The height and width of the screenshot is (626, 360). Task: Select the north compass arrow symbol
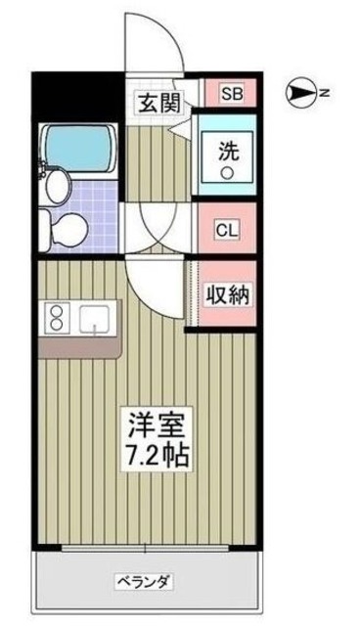click(x=300, y=94)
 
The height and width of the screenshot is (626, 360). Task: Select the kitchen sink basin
click(x=96, y=318)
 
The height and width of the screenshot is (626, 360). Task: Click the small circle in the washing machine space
click(x=226, y=174)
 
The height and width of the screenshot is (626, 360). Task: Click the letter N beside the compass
click(x=323, y=94)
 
